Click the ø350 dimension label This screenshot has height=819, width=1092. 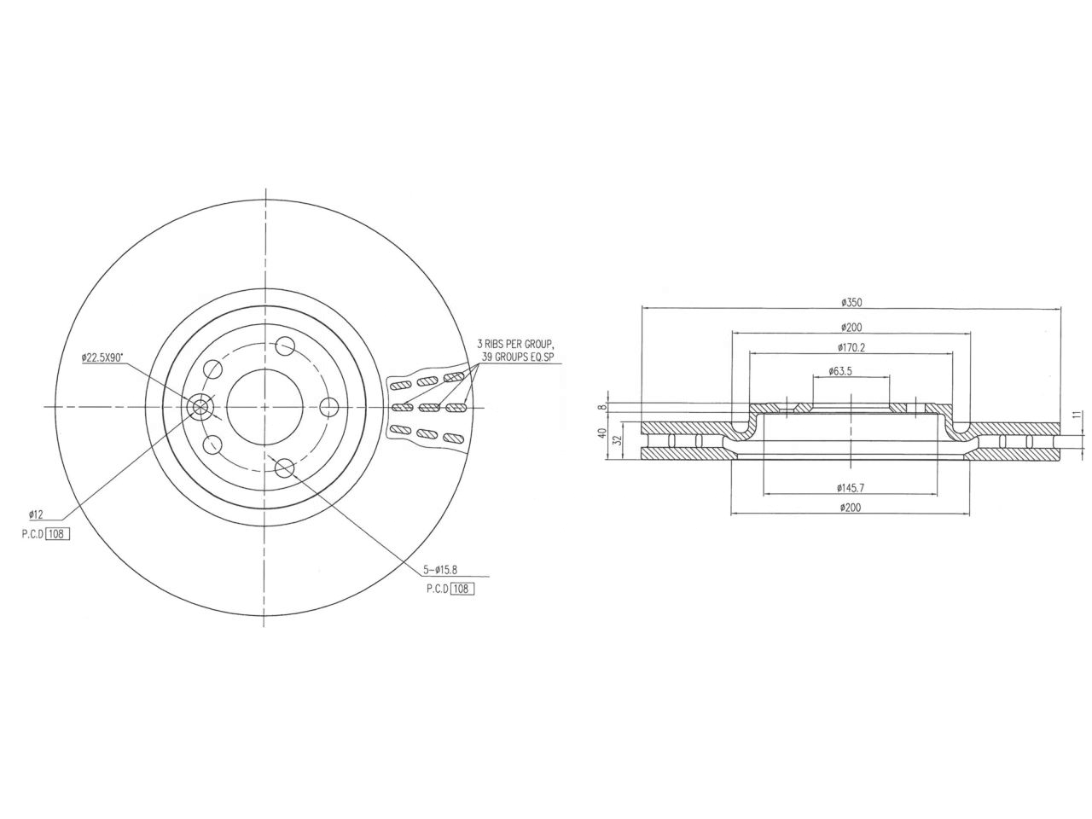tap(851, 302)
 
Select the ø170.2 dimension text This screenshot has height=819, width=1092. tap(851, 347)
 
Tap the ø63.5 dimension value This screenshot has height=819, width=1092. tap(851, 371)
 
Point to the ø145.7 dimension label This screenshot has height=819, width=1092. tap(851, 488)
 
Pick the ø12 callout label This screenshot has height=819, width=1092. tap(36, 514)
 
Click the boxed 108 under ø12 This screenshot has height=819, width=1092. tap(57, 534)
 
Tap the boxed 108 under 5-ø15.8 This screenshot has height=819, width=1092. tap(462, 589)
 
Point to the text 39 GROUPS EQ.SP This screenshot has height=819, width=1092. tap(518, 357)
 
